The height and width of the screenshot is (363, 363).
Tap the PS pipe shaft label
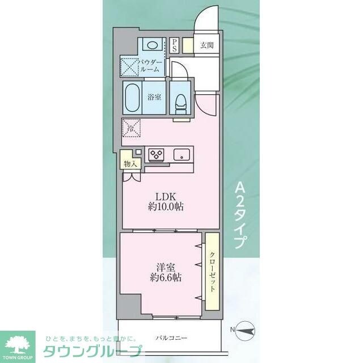[175, 45]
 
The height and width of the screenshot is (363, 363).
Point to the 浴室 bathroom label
[154, 97]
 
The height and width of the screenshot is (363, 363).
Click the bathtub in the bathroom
[134, 98]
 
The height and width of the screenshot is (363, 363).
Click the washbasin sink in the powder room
[150, 45]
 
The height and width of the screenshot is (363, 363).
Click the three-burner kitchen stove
[155, 154]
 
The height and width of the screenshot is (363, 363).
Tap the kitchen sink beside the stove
[181, 154]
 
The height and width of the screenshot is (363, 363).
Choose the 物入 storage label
[130, 164]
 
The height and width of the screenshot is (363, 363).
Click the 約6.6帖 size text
[163, 278]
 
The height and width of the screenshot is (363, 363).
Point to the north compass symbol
[245, 329]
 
